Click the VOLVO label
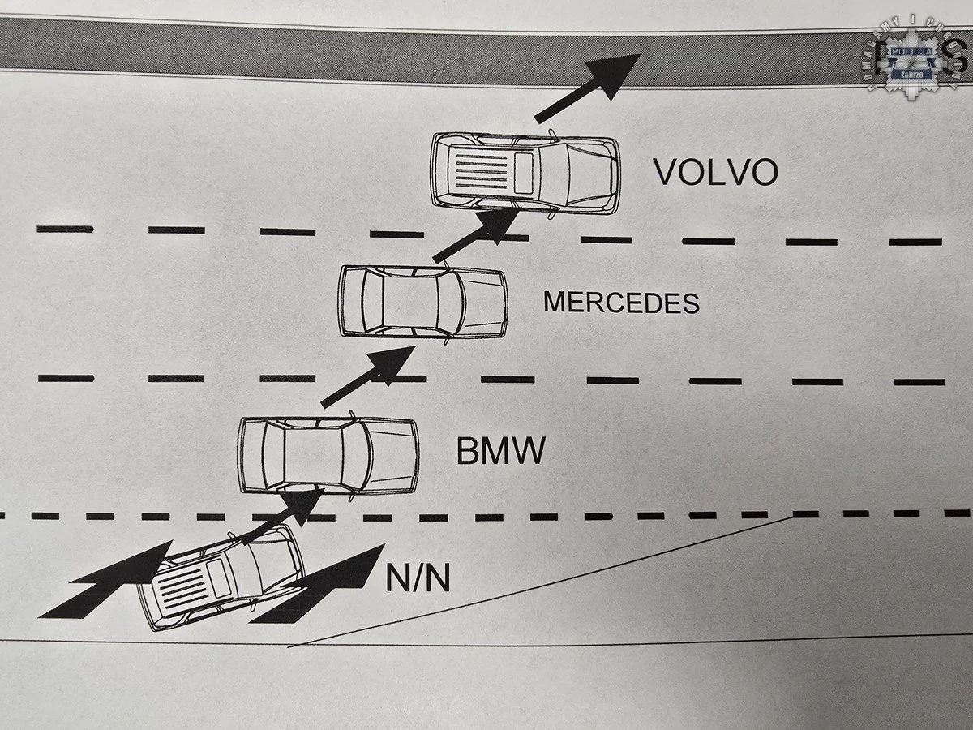[715, 171]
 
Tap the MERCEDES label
[621, 303]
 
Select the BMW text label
[499, 451]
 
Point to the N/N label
[417, 580]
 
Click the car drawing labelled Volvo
[525, 173]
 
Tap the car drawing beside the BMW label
[328, 455]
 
